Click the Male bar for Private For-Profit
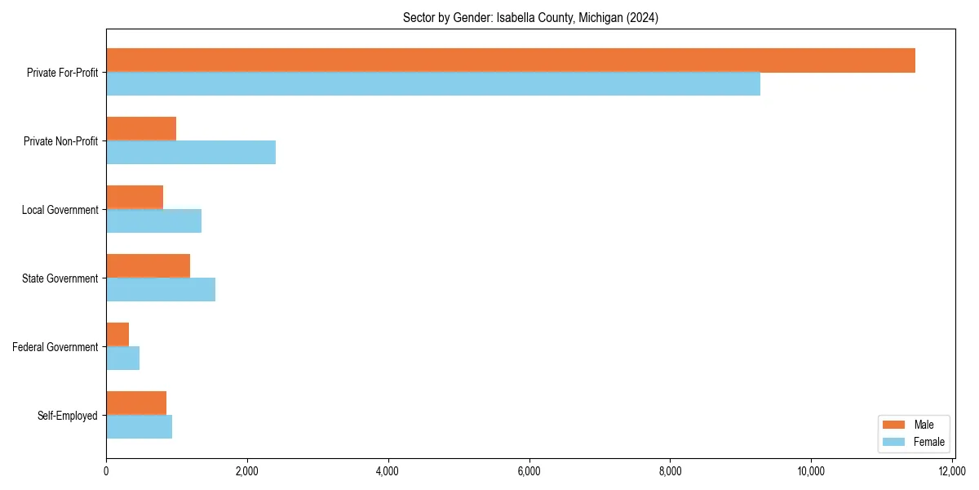[511, 60]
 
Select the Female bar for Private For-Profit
[433, 84]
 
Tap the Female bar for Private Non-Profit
[191, 153]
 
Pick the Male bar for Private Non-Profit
[141, 129]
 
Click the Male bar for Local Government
[135, 198]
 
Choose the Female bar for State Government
[161, 290]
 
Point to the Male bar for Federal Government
[117, 335]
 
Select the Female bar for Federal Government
[122, 359]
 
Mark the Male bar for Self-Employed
[136, 403]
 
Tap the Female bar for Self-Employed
[139, 427]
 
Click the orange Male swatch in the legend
[894, 425]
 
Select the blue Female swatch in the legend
[894, 442]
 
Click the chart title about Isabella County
[530, 18]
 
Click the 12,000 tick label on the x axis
[952, 471]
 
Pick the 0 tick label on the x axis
[106, 471]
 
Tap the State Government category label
[60, 278]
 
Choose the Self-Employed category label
[68, 416]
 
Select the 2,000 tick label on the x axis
[247, 471]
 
